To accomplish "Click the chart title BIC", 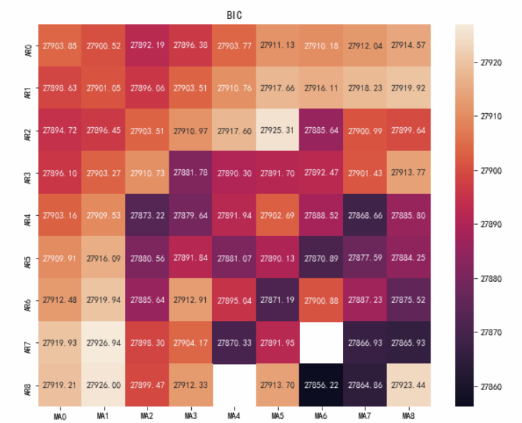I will [235, 15].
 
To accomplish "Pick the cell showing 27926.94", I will [103, 344].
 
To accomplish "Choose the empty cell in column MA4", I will [234, 386].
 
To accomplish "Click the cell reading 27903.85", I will [60, 46].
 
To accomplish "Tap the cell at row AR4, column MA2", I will [147, 216].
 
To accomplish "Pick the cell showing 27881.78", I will [190, 174].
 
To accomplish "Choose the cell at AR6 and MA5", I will [278, 301].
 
